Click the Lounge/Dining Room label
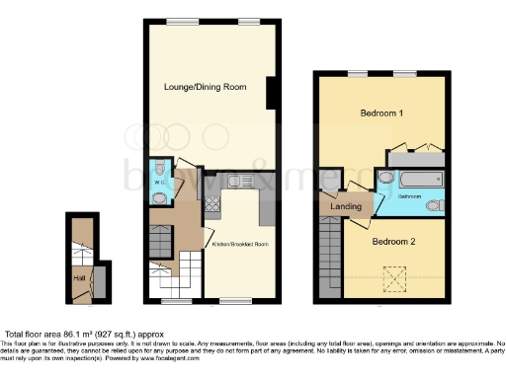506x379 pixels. tap(204, 87)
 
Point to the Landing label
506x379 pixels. tap(341, 205)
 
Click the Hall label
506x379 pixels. tap(79, 277)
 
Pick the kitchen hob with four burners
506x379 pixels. tap(211, 205)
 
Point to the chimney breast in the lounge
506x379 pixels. tap(270, 95)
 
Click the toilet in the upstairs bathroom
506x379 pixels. tap(436, 205)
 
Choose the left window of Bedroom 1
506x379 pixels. tap(357, 73)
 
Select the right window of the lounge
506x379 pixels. tap(248, 21)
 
